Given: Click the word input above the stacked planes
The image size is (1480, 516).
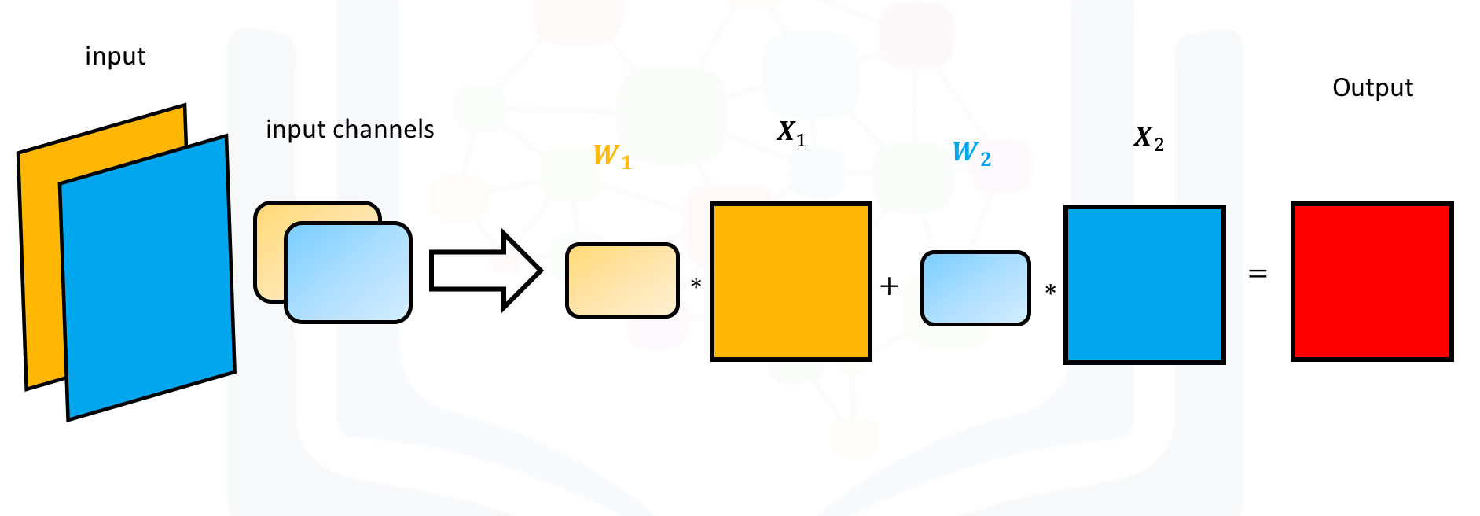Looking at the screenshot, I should point(116,57).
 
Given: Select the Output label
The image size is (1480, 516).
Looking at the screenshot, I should point(1372,87).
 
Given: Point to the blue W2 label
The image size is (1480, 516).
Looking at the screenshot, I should point(971,152).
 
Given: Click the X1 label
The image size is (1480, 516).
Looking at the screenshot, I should point(791,132).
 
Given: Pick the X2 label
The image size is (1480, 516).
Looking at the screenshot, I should point(1148,138).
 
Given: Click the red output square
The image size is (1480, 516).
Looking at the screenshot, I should point(1372,282).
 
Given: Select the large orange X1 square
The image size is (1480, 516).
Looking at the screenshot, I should point(791,282).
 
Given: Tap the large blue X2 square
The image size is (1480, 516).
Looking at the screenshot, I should point(1144,285).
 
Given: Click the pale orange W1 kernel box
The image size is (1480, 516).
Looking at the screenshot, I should point(622,281).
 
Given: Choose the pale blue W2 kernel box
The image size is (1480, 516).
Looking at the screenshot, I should point(975,288).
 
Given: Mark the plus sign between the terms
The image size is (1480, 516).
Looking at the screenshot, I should point(889,286).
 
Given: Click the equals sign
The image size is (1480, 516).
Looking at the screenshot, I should point(1258,274).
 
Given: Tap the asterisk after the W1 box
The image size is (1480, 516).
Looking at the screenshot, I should point(696,284).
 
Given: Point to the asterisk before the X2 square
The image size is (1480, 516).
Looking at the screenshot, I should point(1050,290).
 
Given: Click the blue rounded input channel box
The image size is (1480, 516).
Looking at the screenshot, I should point(348,273).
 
